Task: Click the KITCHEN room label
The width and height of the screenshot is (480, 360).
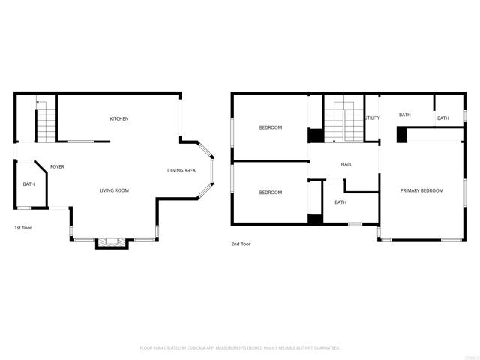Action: pos(119,119)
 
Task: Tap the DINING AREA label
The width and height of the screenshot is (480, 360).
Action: pos(181,171)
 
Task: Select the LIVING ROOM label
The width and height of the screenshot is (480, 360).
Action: pos(114,190)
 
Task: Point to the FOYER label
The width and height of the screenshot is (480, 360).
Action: pos(57,166)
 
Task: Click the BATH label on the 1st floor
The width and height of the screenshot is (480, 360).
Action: pos(28,184)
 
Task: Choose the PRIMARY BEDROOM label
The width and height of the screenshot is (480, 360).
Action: pos(421,190)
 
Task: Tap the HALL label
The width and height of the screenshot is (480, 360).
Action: pos(346,164)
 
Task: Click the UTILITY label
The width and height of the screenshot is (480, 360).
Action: pos(372,118)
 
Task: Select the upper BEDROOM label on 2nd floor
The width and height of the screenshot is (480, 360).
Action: pos(271,127)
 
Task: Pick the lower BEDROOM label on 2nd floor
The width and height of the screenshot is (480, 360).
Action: pos(271,193)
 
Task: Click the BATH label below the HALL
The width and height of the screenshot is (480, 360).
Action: pos(340,202)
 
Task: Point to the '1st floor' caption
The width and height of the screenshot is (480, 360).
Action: pos(23,227)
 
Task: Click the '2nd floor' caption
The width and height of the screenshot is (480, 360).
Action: pos(241,244)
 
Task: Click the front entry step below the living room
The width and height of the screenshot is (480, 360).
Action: pos(113,241)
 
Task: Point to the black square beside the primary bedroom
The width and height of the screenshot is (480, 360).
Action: pos(401,135)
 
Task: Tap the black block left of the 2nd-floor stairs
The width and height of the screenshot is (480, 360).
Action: pos(316,136)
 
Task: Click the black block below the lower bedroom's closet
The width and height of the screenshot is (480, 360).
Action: pos(315,219)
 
